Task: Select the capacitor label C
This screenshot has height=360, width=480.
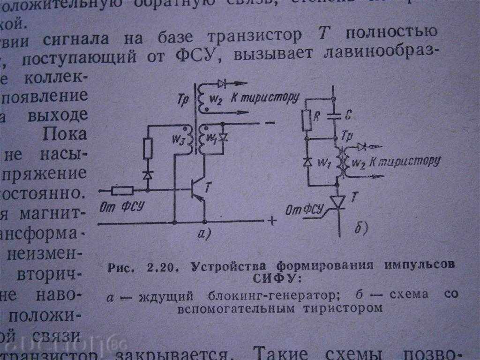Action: (348, 115)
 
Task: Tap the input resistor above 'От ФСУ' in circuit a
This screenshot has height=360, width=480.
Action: (123, 190)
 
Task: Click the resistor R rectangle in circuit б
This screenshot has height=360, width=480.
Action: (307, 120)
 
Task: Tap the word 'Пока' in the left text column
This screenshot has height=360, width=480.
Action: (65, 134)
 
